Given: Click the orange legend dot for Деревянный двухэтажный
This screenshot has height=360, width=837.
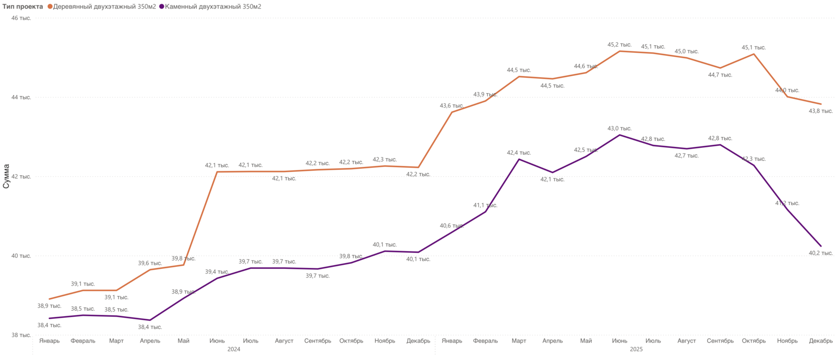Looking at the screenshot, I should point(50,6).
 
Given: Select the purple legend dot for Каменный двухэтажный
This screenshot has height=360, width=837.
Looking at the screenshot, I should point(161,6).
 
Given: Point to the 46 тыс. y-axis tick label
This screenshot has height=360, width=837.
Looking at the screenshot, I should point(21,18).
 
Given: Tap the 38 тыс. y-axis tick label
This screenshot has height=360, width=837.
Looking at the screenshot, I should point(21,335).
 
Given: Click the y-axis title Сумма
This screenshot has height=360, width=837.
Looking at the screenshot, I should point(6,176).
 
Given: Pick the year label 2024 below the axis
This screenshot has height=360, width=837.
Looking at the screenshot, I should point(234,350).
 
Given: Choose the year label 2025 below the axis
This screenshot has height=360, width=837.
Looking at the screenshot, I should point(636,350).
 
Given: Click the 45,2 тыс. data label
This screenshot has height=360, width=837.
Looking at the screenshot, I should point(619,45).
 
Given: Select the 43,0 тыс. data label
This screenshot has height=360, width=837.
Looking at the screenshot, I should point(619,128).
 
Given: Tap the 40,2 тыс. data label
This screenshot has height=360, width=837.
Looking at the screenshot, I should point(821,253).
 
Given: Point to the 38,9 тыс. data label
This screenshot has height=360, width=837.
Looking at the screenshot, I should point(49,306).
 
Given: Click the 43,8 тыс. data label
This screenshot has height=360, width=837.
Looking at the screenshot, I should point(821,111).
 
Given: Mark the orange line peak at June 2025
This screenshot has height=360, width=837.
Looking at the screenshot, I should point(620,51).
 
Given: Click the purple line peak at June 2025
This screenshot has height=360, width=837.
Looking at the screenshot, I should point(620,135).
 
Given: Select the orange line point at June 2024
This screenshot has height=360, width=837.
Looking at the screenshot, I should point(217,172).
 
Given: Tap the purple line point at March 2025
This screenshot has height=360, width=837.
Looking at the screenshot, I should point(519,159).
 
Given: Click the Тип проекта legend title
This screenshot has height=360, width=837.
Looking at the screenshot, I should point(23,6).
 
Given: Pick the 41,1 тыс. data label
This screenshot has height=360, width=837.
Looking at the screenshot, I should point(485,205).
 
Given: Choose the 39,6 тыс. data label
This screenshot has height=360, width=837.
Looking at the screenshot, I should point(150,263).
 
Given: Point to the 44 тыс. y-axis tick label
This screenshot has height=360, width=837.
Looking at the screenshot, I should point(21,97).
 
